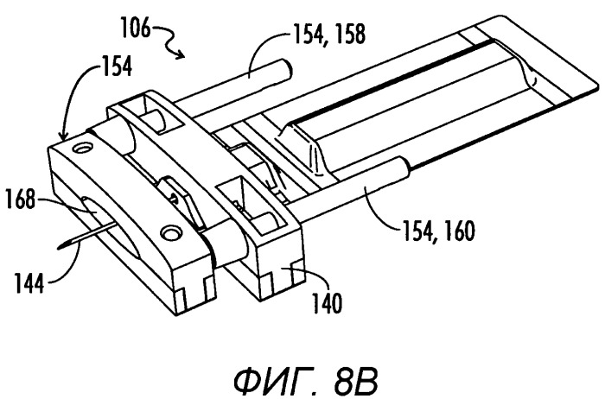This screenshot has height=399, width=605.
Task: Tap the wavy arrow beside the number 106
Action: [169, 41]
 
